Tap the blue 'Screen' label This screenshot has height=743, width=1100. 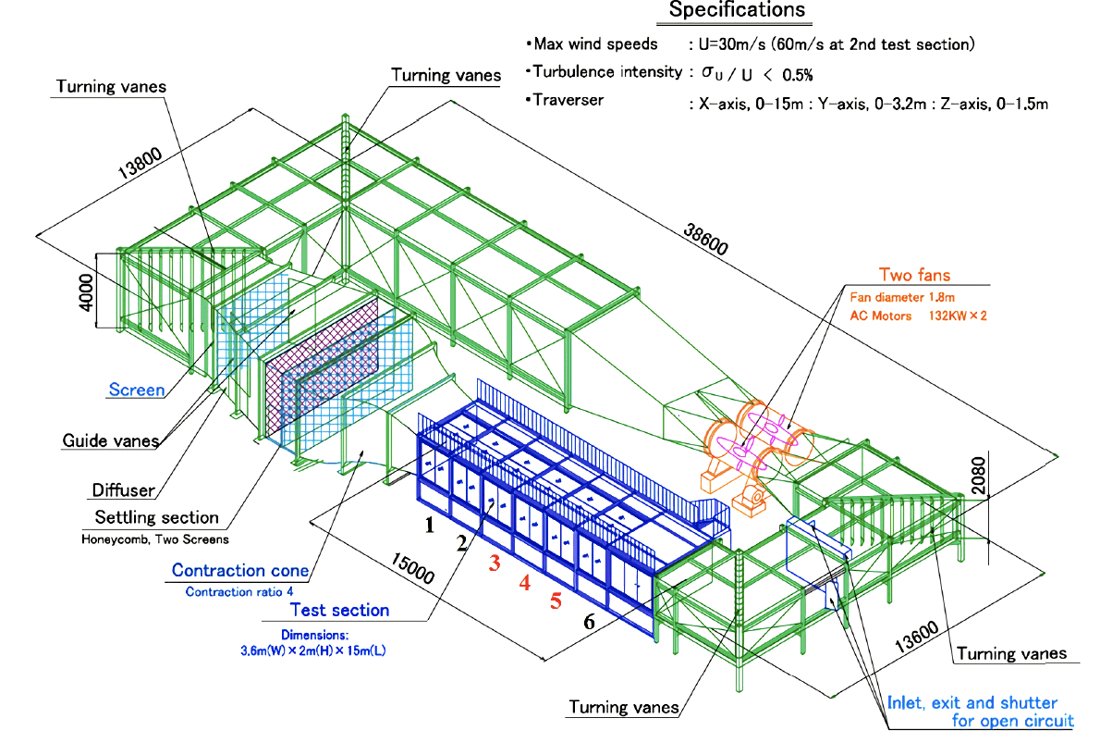click(137, 390)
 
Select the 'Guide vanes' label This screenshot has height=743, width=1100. click(109, 441)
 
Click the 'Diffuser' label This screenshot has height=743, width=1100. click(122, 491)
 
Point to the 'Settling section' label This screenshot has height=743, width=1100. click(157, 517)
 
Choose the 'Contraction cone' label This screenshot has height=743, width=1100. click(239, 570)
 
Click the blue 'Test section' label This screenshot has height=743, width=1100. click(339, 610)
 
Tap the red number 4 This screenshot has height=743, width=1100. click(525, 583)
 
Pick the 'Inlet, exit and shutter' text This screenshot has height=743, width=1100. click(972, 702)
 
